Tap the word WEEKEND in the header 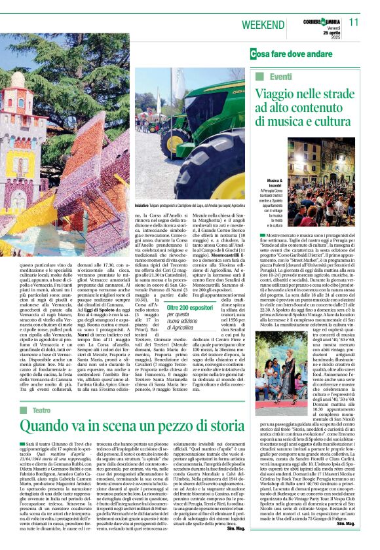point(262,24)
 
